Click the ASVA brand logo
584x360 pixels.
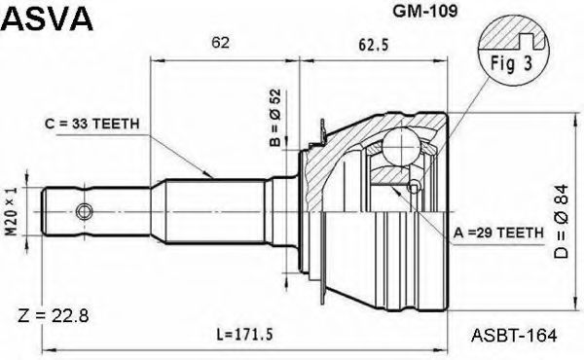(x=47, y=18)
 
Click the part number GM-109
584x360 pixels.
(x=425, y=11)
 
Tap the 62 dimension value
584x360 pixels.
(x=220, y=43)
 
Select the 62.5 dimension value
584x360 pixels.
(x=374, y=45)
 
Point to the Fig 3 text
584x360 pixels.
(x=511, y=63)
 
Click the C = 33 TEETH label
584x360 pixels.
(x=92, y=124)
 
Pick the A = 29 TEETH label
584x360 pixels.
(x=498, y=233)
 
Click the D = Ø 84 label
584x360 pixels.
(x=561, y=221)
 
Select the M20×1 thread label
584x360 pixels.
(x=12, y=211)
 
